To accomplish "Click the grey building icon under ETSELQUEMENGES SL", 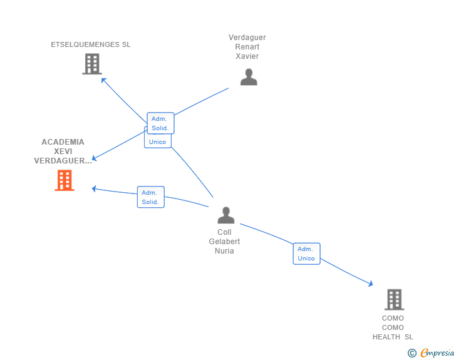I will [x=91, y=64].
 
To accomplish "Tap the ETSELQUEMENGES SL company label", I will [x=91, y=44].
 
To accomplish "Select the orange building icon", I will [x=64, y=180].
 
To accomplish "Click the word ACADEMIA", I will [x=63, y=142].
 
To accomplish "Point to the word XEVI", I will [x=63, y=152].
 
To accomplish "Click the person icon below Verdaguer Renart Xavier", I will [x=249, y=77].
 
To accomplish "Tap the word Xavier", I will [x=247, y=56].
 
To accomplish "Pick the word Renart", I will [x=247, y=47].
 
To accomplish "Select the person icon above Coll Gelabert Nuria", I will [x=225, y=215].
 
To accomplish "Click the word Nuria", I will [x=224, y=251].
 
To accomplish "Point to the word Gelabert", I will [x=224, y=242].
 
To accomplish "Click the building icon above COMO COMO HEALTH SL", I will [x=393, y=300].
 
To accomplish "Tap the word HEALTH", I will [x=386, y=337].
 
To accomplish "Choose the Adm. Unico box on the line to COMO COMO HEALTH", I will [x=306, y=254].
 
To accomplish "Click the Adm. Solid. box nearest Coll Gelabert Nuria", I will [x=150, y=197].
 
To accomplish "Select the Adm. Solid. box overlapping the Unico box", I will [x=160, y=123].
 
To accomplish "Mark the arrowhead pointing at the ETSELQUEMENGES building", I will [x=104, y=80].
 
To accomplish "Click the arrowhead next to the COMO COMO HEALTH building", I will [x=370, y=284].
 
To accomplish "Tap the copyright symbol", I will [x=412, y=353].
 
